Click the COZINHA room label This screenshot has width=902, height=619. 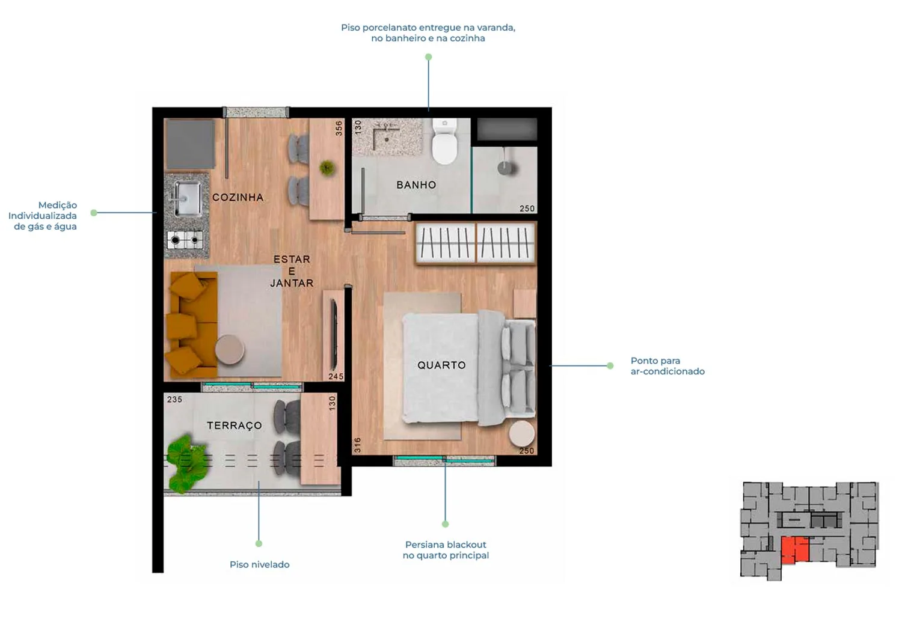pos(238,197)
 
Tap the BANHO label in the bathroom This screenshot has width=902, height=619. pos(416,184)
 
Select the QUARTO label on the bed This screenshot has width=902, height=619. pos(441,365)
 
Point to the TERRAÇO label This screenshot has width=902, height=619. pos(235,425)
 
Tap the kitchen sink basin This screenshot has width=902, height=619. pos(187,198)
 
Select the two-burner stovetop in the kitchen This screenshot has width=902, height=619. pos(185,240)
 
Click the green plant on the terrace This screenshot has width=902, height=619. pos(186,463)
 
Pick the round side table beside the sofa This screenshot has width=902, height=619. pos(230,349)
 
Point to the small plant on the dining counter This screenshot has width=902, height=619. pos(327,168)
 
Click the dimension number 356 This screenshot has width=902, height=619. pos(339,129)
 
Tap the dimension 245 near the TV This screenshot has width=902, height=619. pos(336,376)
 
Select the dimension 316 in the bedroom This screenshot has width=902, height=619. pos(357,445)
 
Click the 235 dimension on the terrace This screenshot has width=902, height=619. pos(175,399)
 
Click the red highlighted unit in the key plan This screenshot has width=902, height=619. pos(795,550)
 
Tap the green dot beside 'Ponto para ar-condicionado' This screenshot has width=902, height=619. pos(610,366)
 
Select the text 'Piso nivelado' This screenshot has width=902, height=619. pos(260,564)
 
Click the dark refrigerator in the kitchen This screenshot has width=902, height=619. pos(191,144)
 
